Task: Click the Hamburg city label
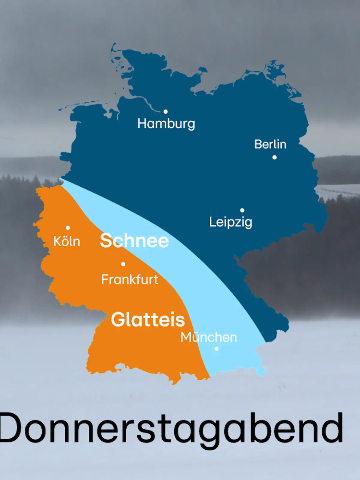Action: click(166, 124)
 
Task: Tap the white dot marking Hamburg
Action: click(166, 112)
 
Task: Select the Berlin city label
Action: click(270, 144)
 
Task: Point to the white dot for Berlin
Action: click(274, 157)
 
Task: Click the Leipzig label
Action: click(230, 222)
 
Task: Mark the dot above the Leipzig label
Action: click(242, 210)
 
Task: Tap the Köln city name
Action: click(67, 241)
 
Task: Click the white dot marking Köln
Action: click(68, 228)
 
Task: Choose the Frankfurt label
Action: click(130, 280)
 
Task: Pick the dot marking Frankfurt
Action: click(123, 264)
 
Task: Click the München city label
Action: click(208, 337)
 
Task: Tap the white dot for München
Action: click(216, 349)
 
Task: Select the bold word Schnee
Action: click(134, 241)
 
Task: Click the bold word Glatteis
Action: click(148, 319)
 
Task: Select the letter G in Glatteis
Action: click(118, 319)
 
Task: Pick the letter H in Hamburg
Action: click(142, 123)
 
